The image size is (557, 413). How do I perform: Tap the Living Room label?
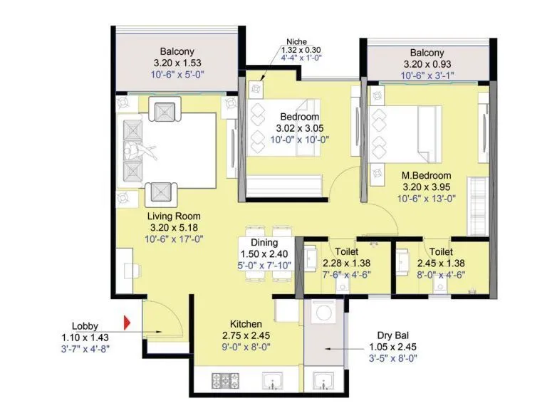(174, 216)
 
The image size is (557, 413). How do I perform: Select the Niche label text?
(296, 41)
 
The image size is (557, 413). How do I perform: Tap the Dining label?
(264, 242)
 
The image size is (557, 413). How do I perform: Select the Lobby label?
(85, 326)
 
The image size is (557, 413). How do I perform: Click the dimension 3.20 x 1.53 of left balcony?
(174, 63)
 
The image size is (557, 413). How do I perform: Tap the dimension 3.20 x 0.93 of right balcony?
(427, 64)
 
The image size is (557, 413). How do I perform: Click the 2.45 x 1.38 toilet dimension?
(442, 263)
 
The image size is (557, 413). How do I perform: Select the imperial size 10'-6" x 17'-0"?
(174, 239)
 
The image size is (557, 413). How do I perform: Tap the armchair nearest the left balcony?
(165, 111)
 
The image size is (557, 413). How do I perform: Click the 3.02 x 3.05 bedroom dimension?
(299, 128)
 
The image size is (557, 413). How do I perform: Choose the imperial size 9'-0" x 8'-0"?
(246, 347)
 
